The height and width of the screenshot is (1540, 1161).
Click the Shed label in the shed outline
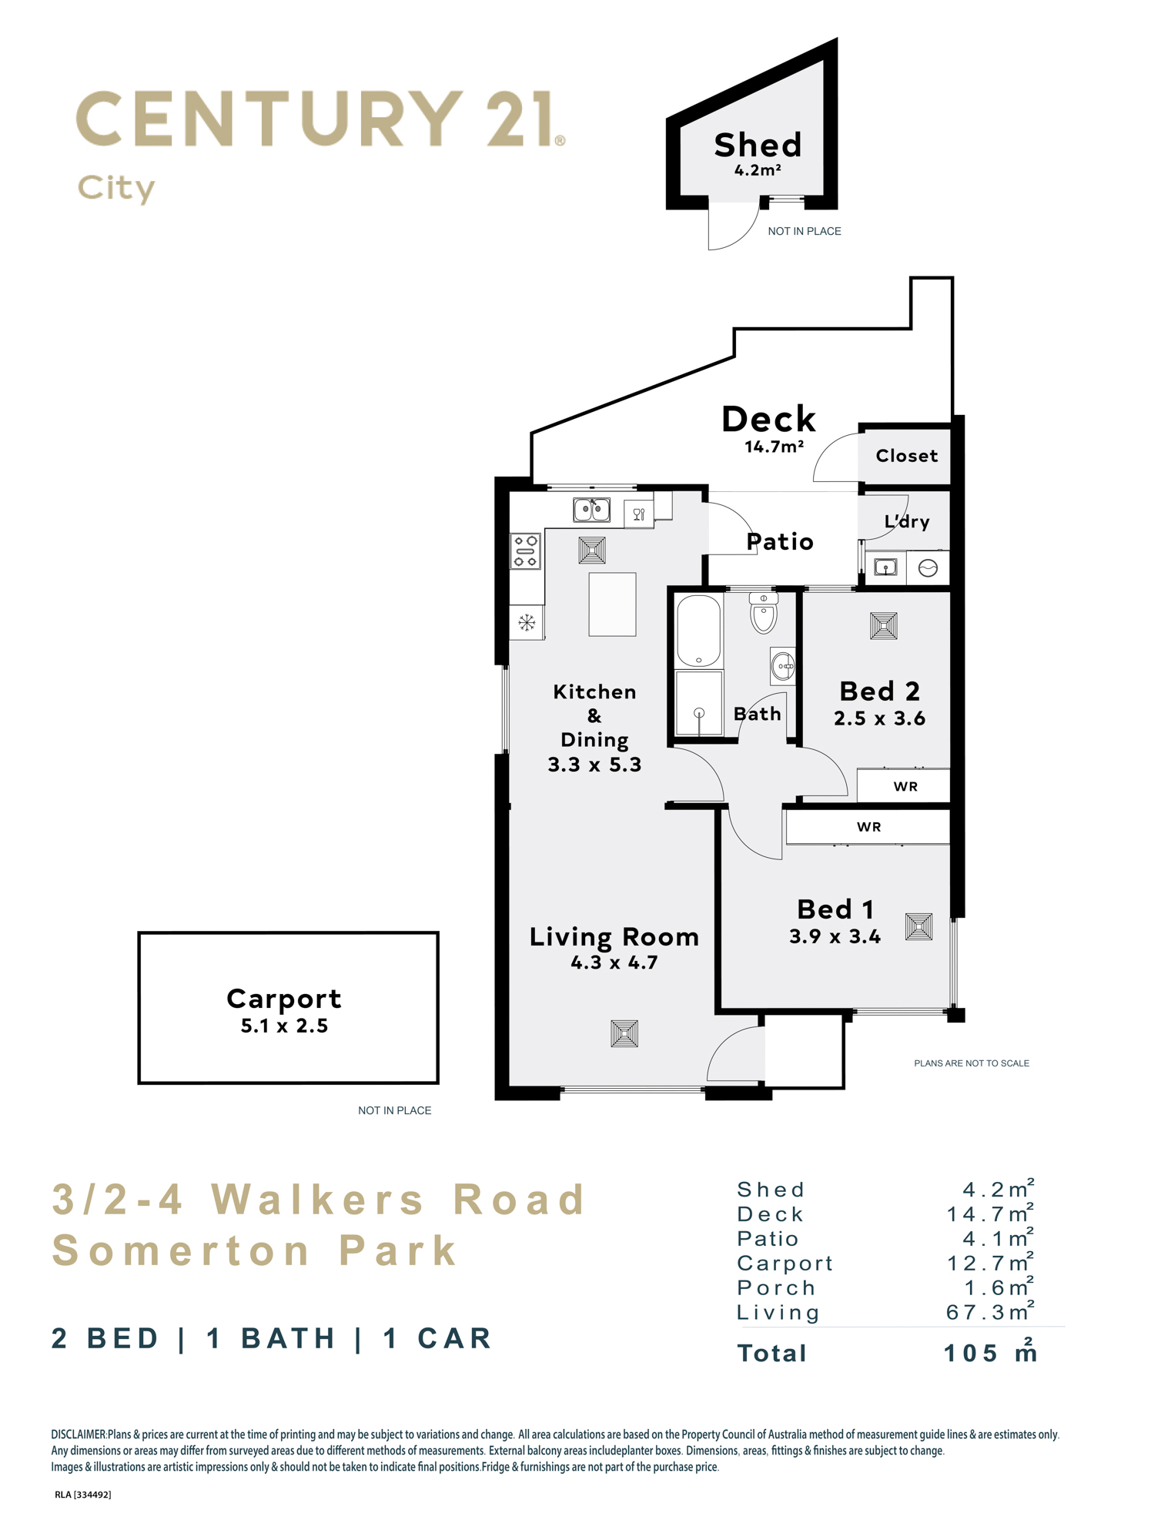758,145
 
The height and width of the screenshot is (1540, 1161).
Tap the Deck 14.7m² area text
774,447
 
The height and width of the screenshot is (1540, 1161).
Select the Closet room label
907,456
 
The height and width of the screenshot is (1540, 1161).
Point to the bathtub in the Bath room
698,630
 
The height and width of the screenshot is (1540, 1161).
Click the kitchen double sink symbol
591,509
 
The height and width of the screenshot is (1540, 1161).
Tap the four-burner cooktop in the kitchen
526,551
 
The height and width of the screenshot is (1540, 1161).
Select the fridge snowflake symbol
527,622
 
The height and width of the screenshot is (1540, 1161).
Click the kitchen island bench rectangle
612,604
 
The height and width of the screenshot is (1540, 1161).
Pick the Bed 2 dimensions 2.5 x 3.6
879,718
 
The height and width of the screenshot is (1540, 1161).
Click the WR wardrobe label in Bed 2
905,786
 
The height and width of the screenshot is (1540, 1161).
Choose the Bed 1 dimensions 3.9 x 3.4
835,936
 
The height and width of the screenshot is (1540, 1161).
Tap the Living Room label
614,937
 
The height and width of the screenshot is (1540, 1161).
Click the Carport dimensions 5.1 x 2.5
284,1026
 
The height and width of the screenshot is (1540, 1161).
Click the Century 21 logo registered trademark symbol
560,140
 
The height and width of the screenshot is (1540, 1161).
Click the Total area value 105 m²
990,1352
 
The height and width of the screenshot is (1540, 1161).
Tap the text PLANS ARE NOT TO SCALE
972,1063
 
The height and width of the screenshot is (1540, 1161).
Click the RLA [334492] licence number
83,1495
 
